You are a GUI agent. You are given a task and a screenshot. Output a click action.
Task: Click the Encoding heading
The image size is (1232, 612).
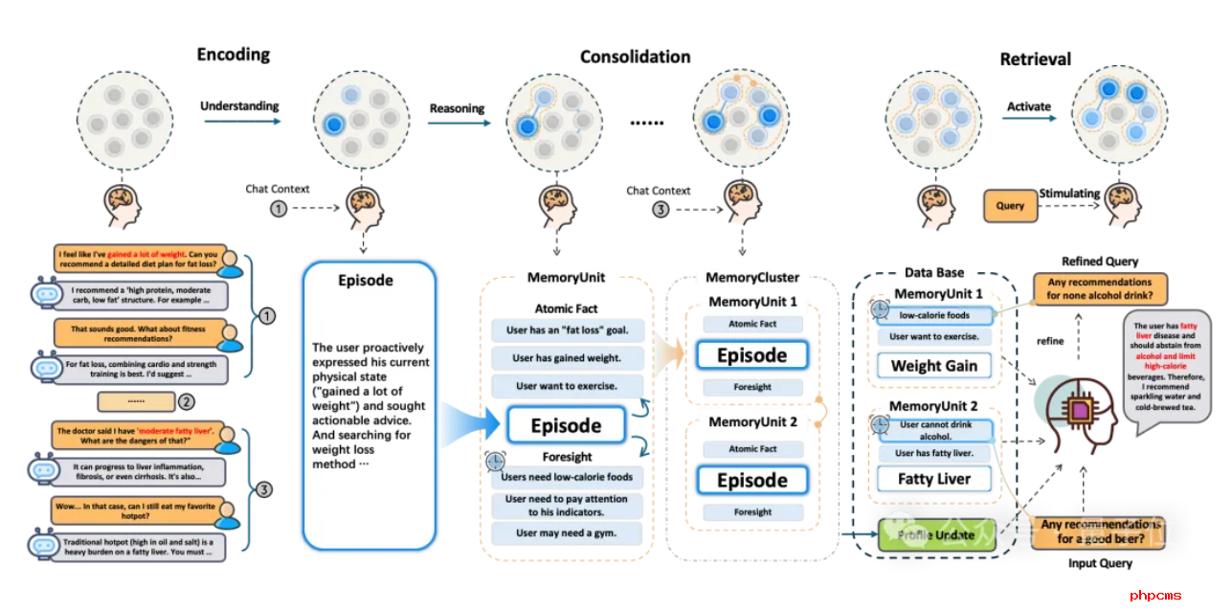coord(234,55)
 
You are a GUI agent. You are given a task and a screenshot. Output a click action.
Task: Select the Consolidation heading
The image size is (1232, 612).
coord(635,57)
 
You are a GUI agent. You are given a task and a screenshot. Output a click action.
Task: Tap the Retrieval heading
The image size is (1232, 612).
coord(1035,59)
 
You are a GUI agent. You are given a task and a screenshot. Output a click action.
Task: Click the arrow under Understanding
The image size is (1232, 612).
coord(240,121)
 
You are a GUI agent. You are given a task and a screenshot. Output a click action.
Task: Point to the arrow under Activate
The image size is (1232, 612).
coord(1029,121)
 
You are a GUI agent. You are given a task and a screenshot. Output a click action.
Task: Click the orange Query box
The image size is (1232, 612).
coord(1010,205)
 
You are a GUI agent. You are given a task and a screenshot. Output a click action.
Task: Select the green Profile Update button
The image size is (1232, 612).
coord(938,534)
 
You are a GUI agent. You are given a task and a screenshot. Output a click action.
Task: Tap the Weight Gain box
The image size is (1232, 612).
coord(934,365)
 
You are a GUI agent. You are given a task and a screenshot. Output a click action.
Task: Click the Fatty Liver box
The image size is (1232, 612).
coord(934,479)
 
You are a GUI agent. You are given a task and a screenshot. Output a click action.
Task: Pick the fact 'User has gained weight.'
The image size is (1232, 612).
coord(568,358)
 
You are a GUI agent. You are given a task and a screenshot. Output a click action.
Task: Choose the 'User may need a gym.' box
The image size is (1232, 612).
coord(567,533)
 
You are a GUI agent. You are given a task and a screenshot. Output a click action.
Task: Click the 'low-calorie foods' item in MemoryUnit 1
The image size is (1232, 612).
coord(934,314)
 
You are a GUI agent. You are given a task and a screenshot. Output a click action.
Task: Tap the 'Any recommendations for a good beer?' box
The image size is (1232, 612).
coord(1101,532)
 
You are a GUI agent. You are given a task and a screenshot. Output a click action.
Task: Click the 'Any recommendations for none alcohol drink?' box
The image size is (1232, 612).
coord(1100,288)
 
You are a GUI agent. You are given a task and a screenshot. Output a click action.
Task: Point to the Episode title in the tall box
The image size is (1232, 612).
coord(366,282)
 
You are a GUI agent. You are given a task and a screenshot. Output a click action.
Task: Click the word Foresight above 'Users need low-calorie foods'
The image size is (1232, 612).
coord(567,457)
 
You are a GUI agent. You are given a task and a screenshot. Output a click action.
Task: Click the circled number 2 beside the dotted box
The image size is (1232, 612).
coord(188,401)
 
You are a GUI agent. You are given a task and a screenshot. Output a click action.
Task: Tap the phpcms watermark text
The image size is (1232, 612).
coord(1155,596)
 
